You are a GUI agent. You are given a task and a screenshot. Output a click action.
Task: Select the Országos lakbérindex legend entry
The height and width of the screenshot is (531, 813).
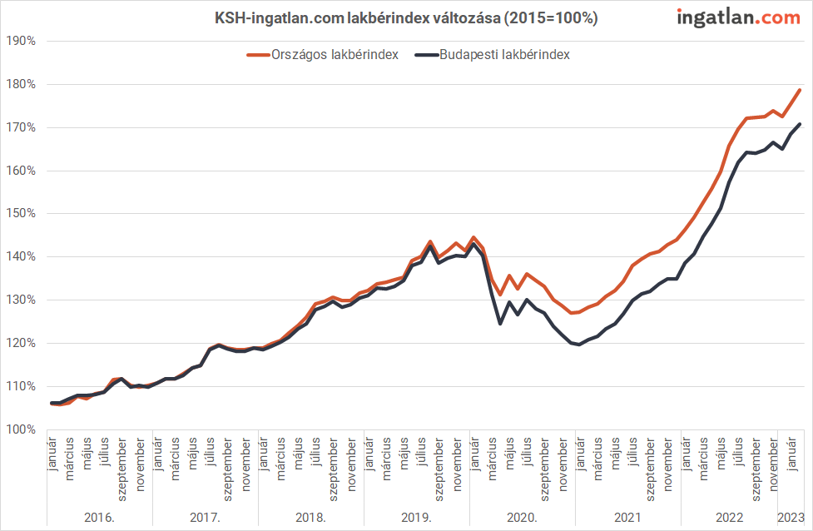click(323, 55)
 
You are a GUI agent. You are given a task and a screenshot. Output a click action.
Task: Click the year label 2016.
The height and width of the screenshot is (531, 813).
click(99, 518)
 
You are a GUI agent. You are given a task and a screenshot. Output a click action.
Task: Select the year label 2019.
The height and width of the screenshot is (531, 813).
click(416, 518)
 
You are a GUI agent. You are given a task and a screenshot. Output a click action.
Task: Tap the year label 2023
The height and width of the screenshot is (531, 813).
click(791, 518)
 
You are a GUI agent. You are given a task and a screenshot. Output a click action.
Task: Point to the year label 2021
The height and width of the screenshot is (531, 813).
click(627, 518)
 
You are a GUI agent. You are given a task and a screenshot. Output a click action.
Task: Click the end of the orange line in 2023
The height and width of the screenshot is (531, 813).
click(800, 90)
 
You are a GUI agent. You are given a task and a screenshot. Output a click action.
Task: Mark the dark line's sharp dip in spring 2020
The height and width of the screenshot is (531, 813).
click(500, 323)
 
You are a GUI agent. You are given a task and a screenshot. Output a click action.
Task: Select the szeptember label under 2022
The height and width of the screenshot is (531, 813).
click(756, 465)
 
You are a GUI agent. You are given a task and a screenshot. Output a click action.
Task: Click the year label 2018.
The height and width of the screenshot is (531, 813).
click(310, 518)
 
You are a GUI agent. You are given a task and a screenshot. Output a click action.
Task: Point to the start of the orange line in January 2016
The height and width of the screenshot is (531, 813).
click(52, 404)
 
